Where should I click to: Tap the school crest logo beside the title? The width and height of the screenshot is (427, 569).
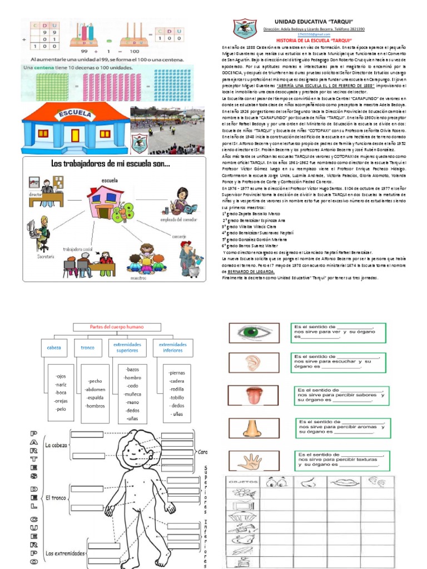pyautogui.click(x=245, y=30)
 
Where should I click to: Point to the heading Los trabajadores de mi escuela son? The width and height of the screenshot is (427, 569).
pyautogui.click(x=111, y=164)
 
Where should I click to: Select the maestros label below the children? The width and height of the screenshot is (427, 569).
pyautogui.click(x=138, y=277)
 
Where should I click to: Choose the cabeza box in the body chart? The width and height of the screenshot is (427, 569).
pyautogui.click(x=53, y=348)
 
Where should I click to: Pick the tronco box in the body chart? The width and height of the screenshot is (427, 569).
pyautogui.click(x=88, y=348)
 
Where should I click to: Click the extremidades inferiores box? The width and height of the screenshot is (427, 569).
pyautogui.click(x=172, y=348)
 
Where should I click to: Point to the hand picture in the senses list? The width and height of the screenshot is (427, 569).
pyautogui.click(x=249, y=461)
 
